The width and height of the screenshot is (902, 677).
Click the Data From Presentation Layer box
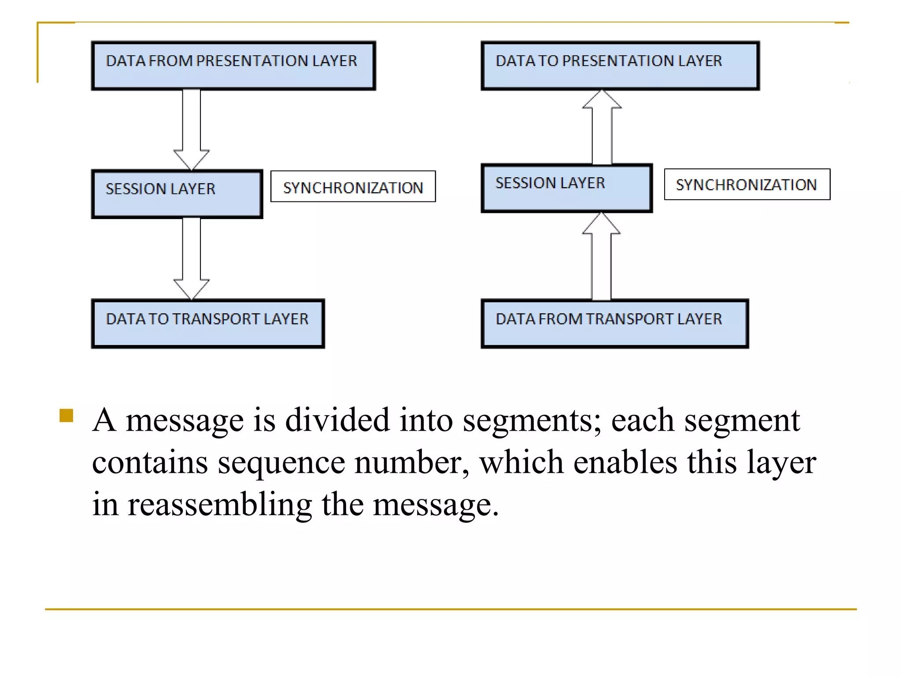(233, 66)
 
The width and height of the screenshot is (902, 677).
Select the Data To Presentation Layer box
(620, 66)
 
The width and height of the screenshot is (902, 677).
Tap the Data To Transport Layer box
(207, 324)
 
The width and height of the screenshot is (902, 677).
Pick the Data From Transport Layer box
(615, 324)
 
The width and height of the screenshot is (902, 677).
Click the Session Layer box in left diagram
(177, 194)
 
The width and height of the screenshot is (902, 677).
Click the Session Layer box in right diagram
(566, 188)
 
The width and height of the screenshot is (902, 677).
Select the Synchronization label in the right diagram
(747, 184)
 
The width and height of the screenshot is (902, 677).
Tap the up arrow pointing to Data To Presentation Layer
(602, 128)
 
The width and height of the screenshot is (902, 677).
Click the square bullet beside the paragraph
(66, 416)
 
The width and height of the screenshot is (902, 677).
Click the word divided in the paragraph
(337, 420)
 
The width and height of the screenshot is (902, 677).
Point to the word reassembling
(219, 505)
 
